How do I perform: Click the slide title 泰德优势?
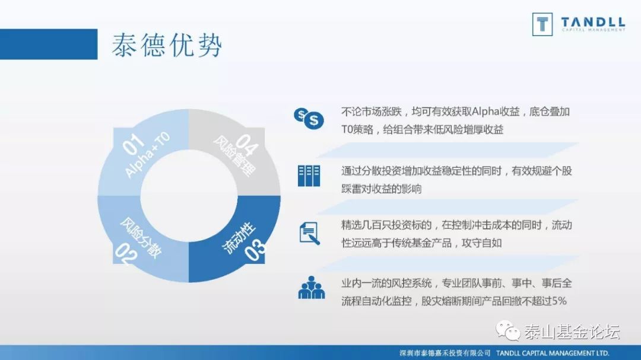[167, 44]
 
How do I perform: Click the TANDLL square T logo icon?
[542, 24]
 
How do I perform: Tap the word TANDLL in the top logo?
[592, 23]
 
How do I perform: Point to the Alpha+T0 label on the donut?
[148, 155]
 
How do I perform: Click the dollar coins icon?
[309, 118]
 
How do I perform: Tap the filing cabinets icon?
[309, 176]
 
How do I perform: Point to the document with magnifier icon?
[309, 233]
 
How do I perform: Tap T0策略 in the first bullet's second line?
[357, 130]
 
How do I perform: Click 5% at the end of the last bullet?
[559, 301]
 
